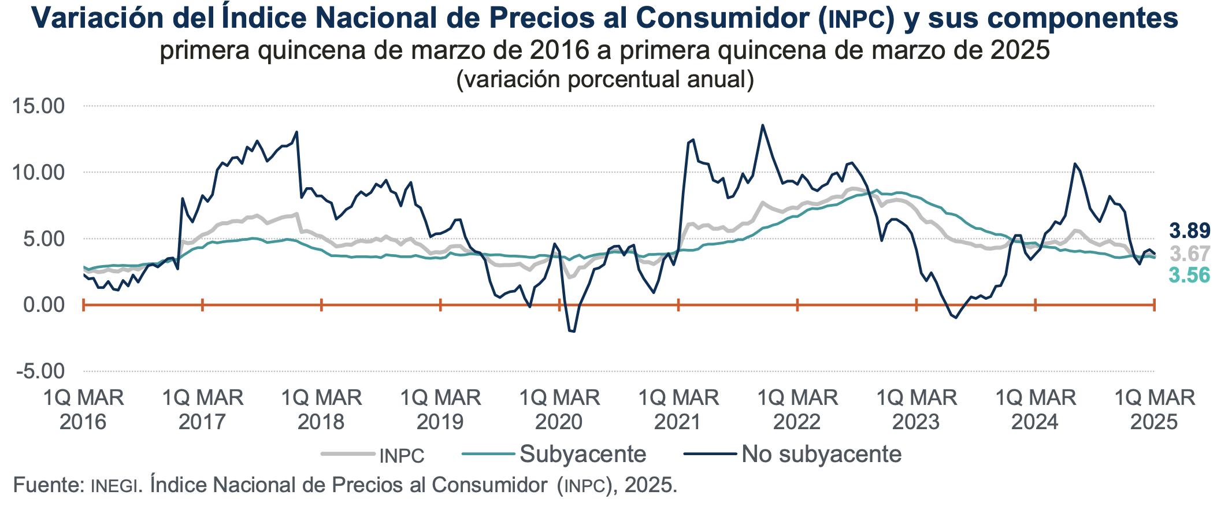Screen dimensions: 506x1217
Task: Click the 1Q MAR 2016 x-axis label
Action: (x=83, y=410)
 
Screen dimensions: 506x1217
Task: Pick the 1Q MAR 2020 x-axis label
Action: (x=559, y=410)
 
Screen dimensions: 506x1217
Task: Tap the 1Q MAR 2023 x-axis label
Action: (x=916, y=410)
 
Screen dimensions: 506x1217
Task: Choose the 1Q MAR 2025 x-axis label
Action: (x=1154, y=410)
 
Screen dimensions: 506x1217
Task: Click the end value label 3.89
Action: (x=1189, y=231)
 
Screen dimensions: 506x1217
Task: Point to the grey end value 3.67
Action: (x=1189, y=254)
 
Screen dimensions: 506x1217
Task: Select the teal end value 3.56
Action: (x=1189, y=276)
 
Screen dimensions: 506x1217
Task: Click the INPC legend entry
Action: (x=402, y=456)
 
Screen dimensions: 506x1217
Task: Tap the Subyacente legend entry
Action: (x=582, y=455)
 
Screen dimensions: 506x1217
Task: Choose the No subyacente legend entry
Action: (x=821, y=455)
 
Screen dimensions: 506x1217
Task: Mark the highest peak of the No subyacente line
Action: (x=762, y=125)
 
